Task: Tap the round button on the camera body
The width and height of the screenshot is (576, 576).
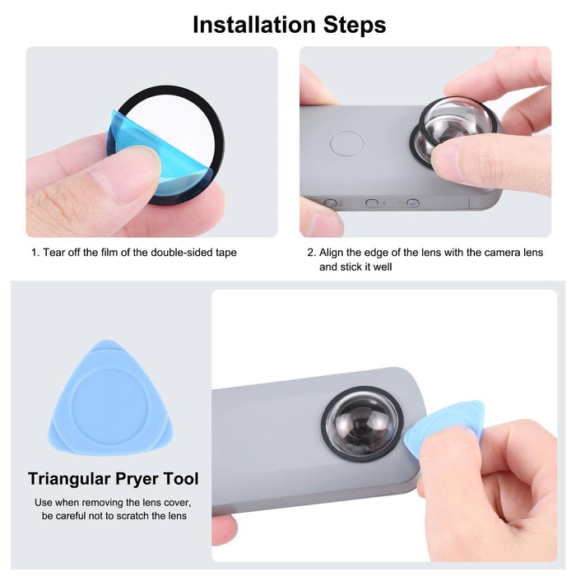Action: tap(346, 144)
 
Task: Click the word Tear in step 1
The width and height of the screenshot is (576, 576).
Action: tap(55, 253)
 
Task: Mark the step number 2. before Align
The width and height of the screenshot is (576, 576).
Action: tap(312, 253)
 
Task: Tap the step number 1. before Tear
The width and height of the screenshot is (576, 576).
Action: tap(35, 253)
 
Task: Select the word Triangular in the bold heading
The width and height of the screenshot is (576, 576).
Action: tap(67, 479)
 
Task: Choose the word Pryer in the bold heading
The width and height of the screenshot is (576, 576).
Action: tap(137, 479)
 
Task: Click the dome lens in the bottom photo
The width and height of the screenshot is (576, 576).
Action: tap(361, 425)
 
